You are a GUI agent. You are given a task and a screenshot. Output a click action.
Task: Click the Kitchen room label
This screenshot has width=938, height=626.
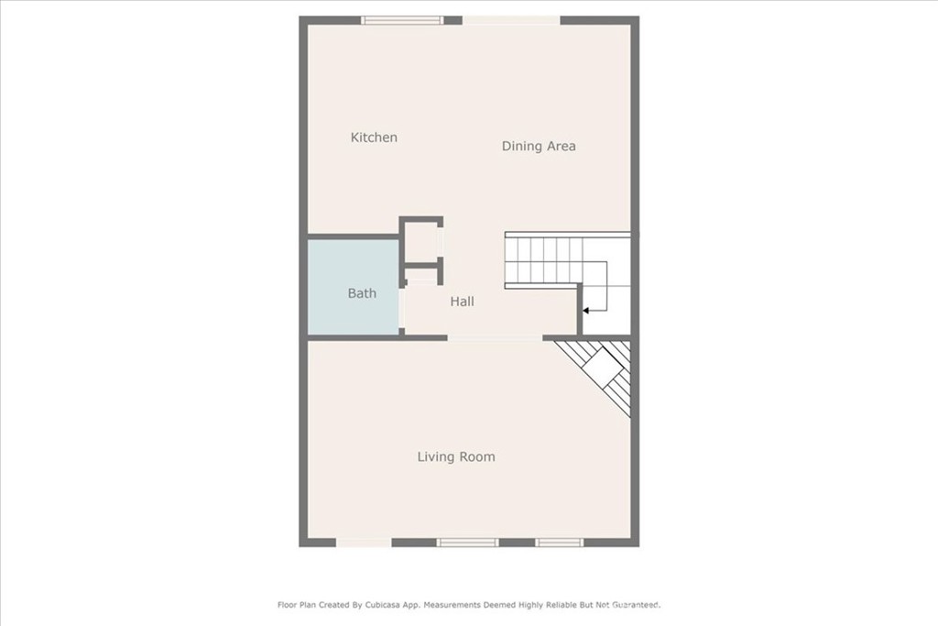(x=374, y=137)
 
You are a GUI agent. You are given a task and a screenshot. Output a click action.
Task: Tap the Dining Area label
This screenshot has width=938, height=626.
(x=539, y=146)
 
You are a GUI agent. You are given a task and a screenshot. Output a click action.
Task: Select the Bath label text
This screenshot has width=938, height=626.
(x=362, y=293)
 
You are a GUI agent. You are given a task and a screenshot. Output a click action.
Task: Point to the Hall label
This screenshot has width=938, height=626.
(x=462, y=302)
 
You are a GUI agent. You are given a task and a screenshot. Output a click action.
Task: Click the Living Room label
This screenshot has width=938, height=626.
(x=456, y=457)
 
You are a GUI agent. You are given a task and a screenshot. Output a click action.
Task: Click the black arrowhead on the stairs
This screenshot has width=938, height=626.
(x=586, y=311)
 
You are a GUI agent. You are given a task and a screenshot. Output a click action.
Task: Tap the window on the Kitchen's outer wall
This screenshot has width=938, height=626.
(x=402, y=20)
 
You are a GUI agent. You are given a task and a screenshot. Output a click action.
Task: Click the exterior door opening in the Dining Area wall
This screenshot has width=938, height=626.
(x=511, y=20)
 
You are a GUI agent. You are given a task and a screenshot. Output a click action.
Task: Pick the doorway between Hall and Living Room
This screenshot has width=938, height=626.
(x=496, y=338)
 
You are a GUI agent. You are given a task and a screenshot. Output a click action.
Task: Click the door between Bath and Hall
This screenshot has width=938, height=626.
(x=402, y=308)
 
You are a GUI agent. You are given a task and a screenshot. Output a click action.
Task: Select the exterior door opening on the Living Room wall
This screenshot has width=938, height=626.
(x=364, y=543)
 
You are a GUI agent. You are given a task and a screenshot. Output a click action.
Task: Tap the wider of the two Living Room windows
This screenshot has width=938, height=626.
(x=467, y=543)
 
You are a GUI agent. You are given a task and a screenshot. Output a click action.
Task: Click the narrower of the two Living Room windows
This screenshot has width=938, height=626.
(x=560, y=543)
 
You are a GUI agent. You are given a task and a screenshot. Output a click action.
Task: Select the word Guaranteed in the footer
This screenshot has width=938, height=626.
(x=635, y=605)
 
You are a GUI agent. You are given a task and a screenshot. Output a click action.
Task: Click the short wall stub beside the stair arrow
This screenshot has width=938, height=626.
(x=580, y=310)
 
